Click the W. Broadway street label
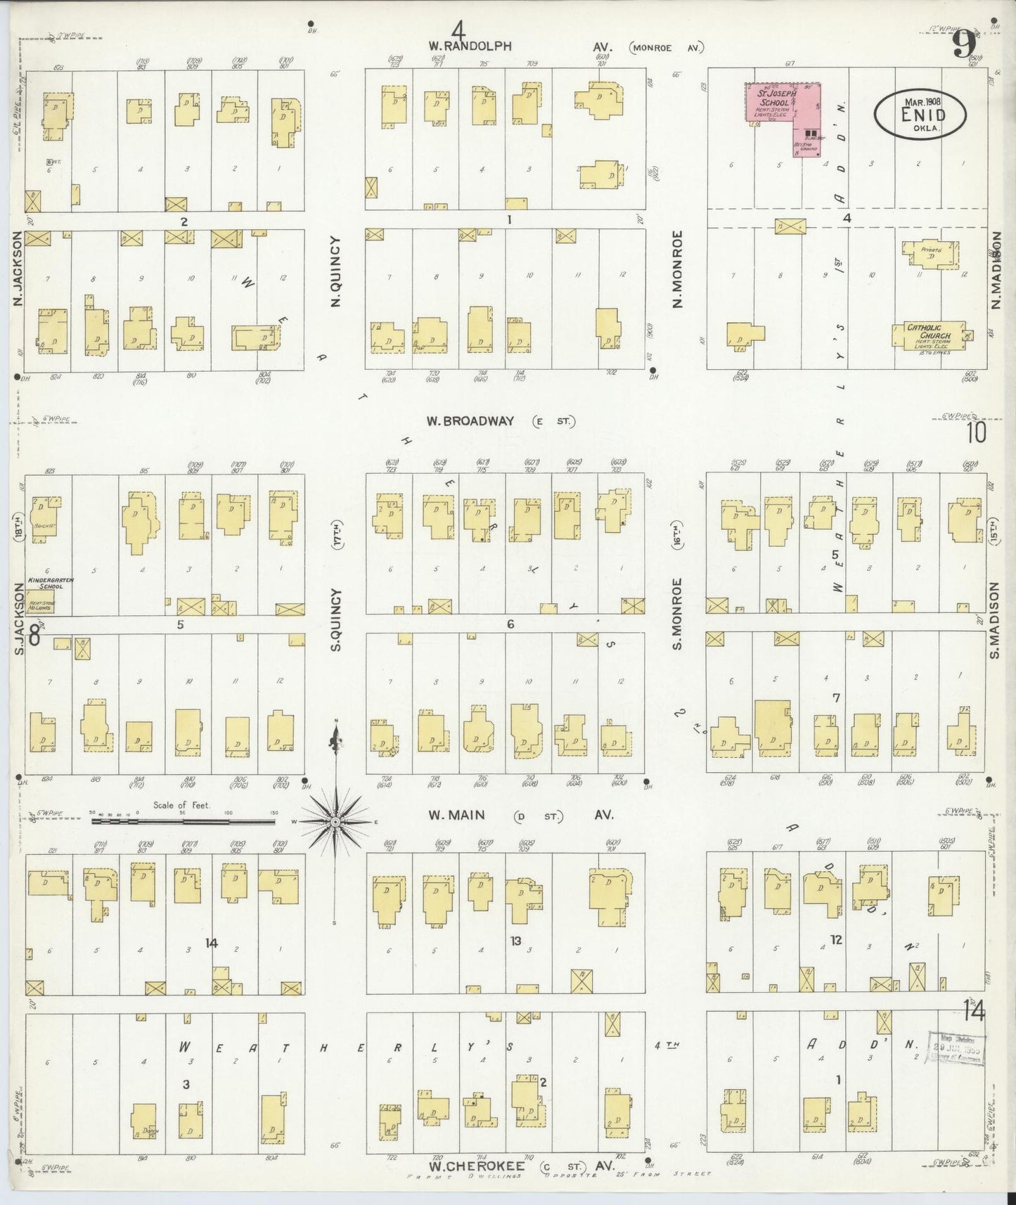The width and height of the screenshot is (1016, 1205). (470, 421)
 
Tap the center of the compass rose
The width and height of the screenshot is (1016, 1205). (336, 821)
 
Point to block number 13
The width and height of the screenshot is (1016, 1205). (515, 941)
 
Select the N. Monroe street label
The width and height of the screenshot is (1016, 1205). (678, 270)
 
